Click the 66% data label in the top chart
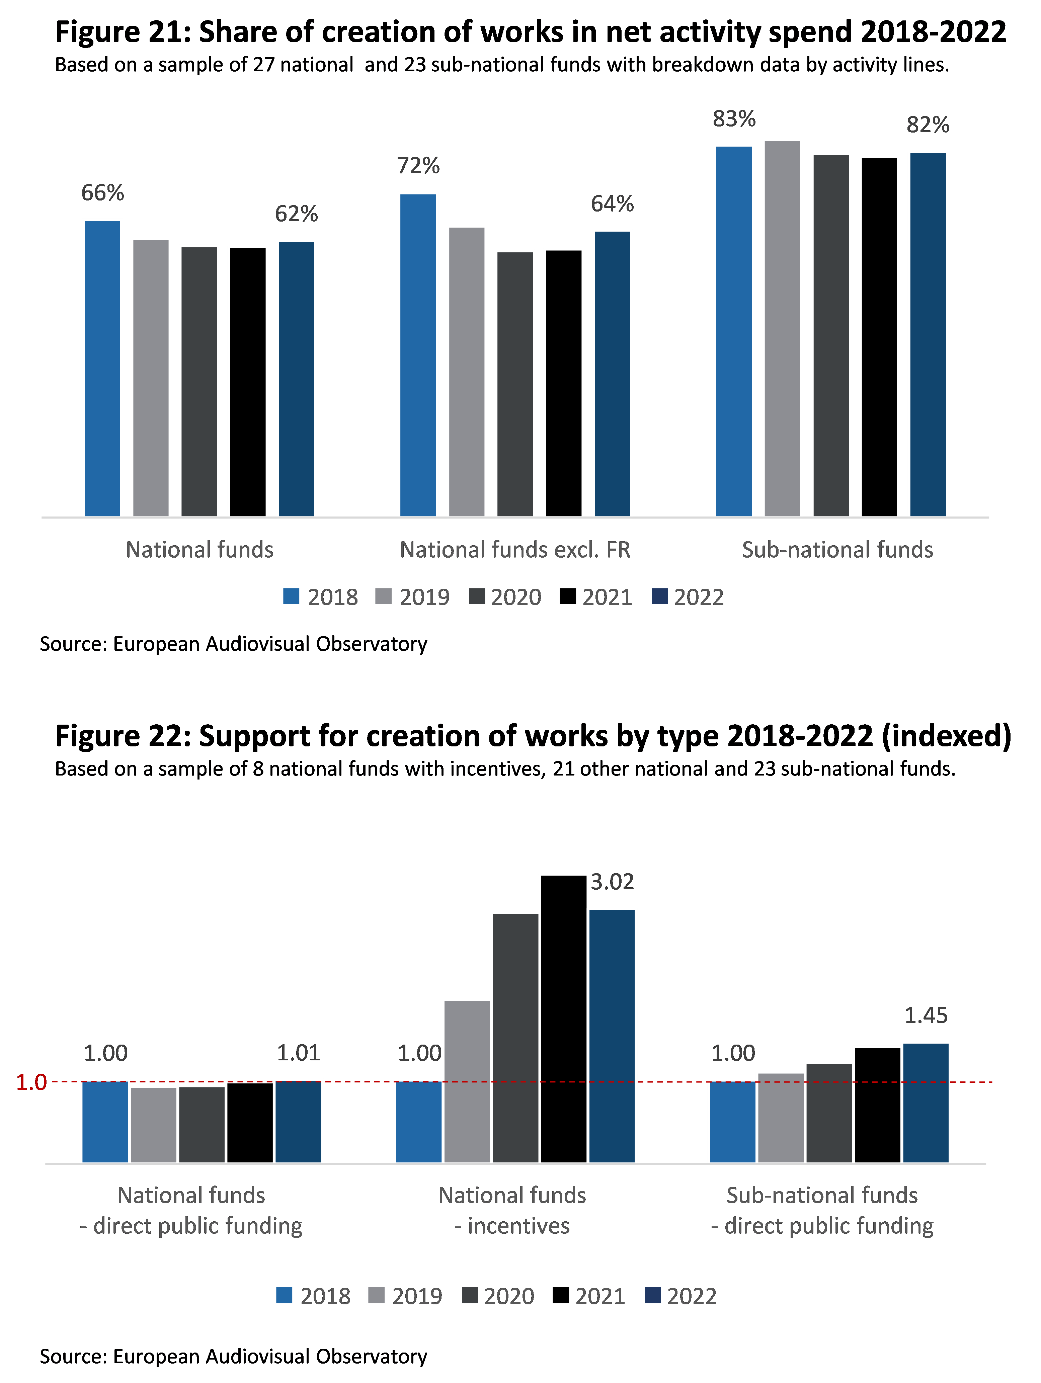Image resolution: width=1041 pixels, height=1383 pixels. point(102,192)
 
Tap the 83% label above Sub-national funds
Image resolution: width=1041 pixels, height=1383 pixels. point(734,119)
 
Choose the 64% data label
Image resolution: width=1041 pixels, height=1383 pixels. point(612,204)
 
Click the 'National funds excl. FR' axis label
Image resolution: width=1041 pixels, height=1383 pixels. point(514,550)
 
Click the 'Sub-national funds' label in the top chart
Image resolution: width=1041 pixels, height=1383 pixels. point(837,550)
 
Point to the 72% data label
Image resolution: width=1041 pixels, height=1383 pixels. point(418,166)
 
